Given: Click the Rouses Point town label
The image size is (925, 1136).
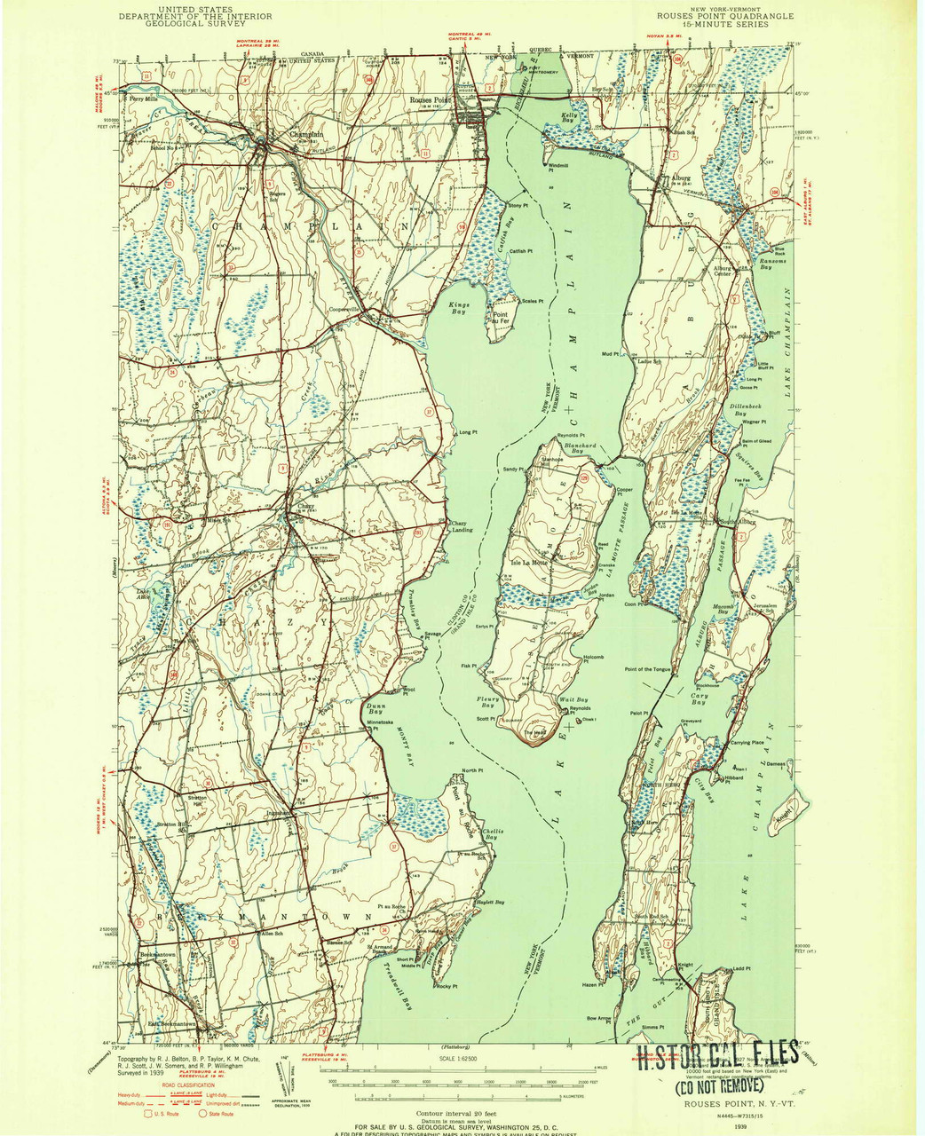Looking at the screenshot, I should click(x=431, y=100).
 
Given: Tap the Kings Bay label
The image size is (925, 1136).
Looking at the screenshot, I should click(x=458, y=308).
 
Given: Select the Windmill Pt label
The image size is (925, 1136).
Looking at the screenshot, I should click(x=557, y=167).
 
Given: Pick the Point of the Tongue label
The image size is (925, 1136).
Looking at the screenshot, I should click(x=653, y=669).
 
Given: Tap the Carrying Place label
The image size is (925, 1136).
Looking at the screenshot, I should click(x=747, y=741).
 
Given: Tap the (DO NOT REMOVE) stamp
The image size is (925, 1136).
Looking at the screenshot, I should click(x=718, y=1085).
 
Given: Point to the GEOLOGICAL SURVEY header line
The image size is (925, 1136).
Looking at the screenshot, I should click(x=193, y=24).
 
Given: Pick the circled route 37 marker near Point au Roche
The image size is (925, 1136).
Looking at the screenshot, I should click(x=394, y=847).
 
